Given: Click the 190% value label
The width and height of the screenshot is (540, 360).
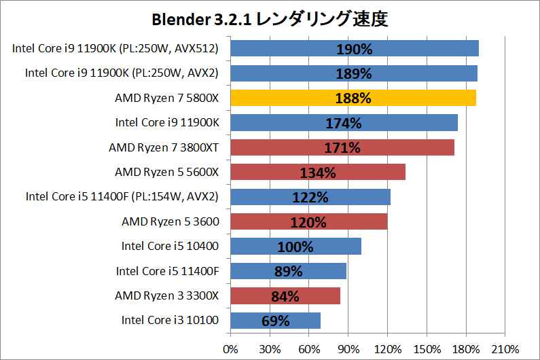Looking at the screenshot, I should [353, 49].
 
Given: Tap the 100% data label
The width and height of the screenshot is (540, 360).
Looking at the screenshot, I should [295, 247].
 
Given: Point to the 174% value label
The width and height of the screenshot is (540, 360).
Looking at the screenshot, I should [343, 123].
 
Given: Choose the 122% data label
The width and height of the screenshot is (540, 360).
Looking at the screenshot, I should [310, 197].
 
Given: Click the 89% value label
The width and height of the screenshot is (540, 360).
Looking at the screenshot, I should [288, 271].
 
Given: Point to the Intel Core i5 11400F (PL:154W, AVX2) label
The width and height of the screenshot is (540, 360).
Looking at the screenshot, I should [122, 197].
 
